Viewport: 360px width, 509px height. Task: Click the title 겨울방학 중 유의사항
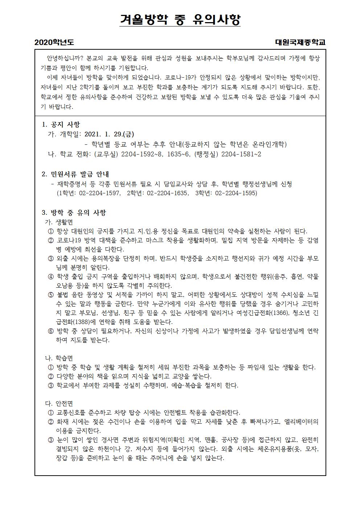[180, 20]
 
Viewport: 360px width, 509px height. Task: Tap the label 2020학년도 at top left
[54, 42]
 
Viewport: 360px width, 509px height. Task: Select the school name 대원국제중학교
[300, 42]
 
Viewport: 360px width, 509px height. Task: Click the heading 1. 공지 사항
[61, 125]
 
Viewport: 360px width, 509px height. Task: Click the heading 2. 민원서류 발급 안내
[75, 174]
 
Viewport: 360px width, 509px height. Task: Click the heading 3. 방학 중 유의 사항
[74, 213]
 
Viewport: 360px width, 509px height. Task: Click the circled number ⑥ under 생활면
[50, 331]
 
